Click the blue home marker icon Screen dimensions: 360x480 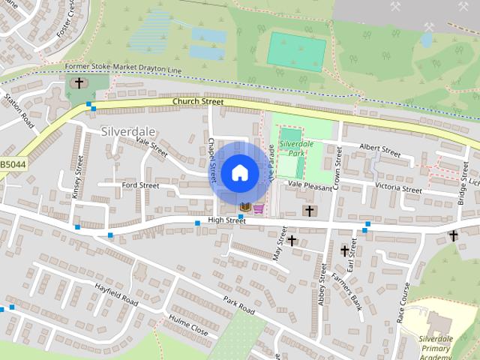239,172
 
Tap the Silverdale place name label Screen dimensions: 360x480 123,130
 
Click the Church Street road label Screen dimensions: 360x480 198,101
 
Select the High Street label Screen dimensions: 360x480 226,220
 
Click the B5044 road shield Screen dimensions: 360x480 12,163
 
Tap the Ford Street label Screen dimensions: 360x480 140,184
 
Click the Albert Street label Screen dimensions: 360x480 380,150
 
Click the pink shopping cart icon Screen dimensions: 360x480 259,208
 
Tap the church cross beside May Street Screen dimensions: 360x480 292,241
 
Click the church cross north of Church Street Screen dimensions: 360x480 78,82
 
